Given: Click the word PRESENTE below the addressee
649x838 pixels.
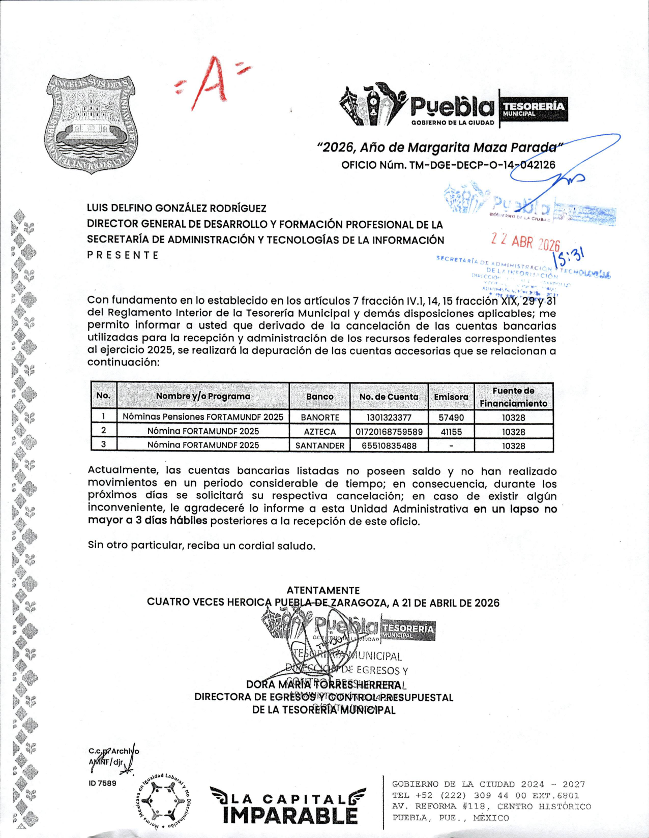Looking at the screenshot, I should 123,255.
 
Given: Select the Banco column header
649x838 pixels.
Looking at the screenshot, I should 319,397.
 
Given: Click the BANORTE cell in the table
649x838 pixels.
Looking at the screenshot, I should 319,417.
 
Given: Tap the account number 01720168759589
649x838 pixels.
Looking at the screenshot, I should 389,432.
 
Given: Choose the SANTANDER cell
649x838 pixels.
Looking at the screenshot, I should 319,446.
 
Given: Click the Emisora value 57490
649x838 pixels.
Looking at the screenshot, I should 451,417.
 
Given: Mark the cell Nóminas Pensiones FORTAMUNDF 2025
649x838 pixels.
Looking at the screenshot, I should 203,417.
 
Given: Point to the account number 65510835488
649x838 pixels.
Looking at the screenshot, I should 389,446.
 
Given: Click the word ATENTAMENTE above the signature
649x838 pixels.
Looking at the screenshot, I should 323,590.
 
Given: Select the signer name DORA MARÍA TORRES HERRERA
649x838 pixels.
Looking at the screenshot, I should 326,685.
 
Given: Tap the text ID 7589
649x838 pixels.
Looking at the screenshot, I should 102,783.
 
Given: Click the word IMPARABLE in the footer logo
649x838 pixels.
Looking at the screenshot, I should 290,815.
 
